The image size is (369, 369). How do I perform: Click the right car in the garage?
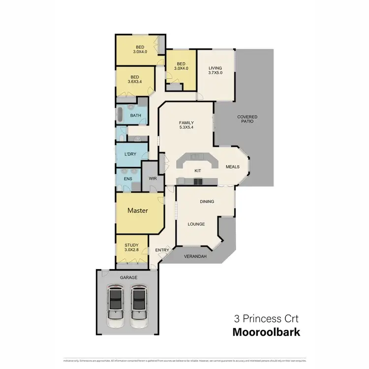point(139,309)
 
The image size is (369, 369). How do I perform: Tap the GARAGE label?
point(128,277)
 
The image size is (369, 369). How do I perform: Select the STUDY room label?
point(131,247)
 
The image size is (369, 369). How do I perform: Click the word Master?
point(138,211)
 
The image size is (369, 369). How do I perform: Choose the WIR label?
point(153,179)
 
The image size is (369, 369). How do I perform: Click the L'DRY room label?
point(130,154)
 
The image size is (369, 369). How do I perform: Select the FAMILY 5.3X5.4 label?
point(186,125)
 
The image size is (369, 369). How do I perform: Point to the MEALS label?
point(232,167)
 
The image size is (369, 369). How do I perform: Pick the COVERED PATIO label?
point(247,119)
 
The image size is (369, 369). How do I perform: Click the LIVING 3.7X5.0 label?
point(215,70)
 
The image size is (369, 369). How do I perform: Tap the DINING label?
point(207,202)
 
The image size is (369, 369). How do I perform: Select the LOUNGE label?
point(196,224)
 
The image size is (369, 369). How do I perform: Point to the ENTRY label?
point(162,250)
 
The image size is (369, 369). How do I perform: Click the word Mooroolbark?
point(266,332)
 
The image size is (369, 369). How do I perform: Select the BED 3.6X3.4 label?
point(135,79)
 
